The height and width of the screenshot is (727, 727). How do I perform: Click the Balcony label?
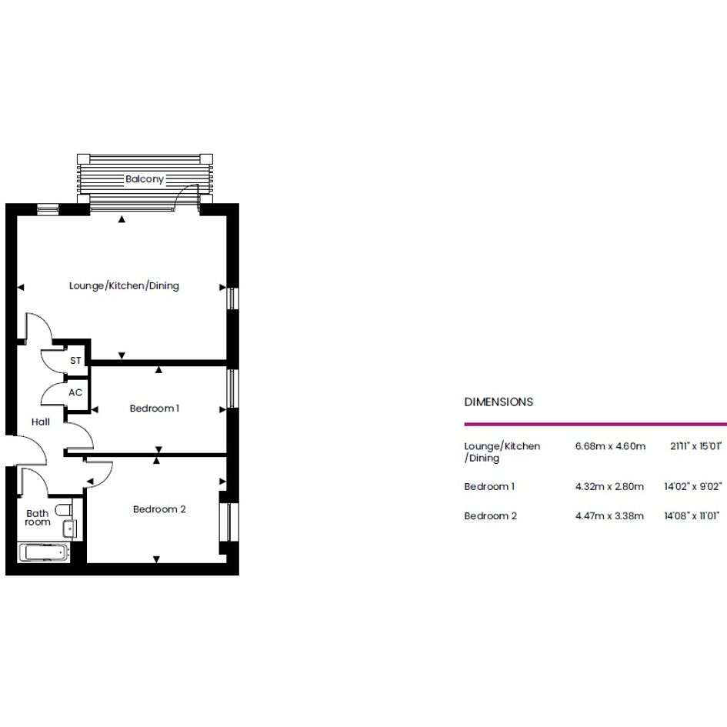point(145,179)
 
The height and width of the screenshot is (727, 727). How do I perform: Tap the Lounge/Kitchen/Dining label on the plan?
point(124,285)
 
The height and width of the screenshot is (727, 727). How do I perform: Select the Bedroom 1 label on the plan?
point(155,409)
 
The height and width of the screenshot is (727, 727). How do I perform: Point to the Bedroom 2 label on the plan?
point(159,509)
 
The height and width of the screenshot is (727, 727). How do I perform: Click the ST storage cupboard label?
point(75,360)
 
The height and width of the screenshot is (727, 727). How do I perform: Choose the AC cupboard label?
point(75,392)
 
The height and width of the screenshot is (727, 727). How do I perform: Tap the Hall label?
point(41,422)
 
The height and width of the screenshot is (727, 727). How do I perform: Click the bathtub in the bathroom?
point(44,552)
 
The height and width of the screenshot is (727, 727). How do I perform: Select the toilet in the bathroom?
point(64,510)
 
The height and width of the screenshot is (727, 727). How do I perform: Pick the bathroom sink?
point(70,529)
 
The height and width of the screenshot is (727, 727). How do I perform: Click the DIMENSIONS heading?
point(499,402)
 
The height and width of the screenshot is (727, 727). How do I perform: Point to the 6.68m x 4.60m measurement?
point(610,446)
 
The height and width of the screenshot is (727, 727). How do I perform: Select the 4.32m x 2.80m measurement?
point(609,486)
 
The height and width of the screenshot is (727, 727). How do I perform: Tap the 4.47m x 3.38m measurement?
point(609,516)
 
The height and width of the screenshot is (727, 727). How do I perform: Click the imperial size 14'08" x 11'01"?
point(692,515)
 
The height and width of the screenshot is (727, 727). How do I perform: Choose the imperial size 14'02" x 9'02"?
point(692,486)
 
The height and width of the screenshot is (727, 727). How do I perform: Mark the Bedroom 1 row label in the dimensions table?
point(489,486)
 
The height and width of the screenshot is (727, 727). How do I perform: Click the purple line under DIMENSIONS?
point(595,424)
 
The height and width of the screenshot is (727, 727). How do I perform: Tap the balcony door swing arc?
point(183,192)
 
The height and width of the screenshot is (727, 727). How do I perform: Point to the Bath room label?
point(38,518)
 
